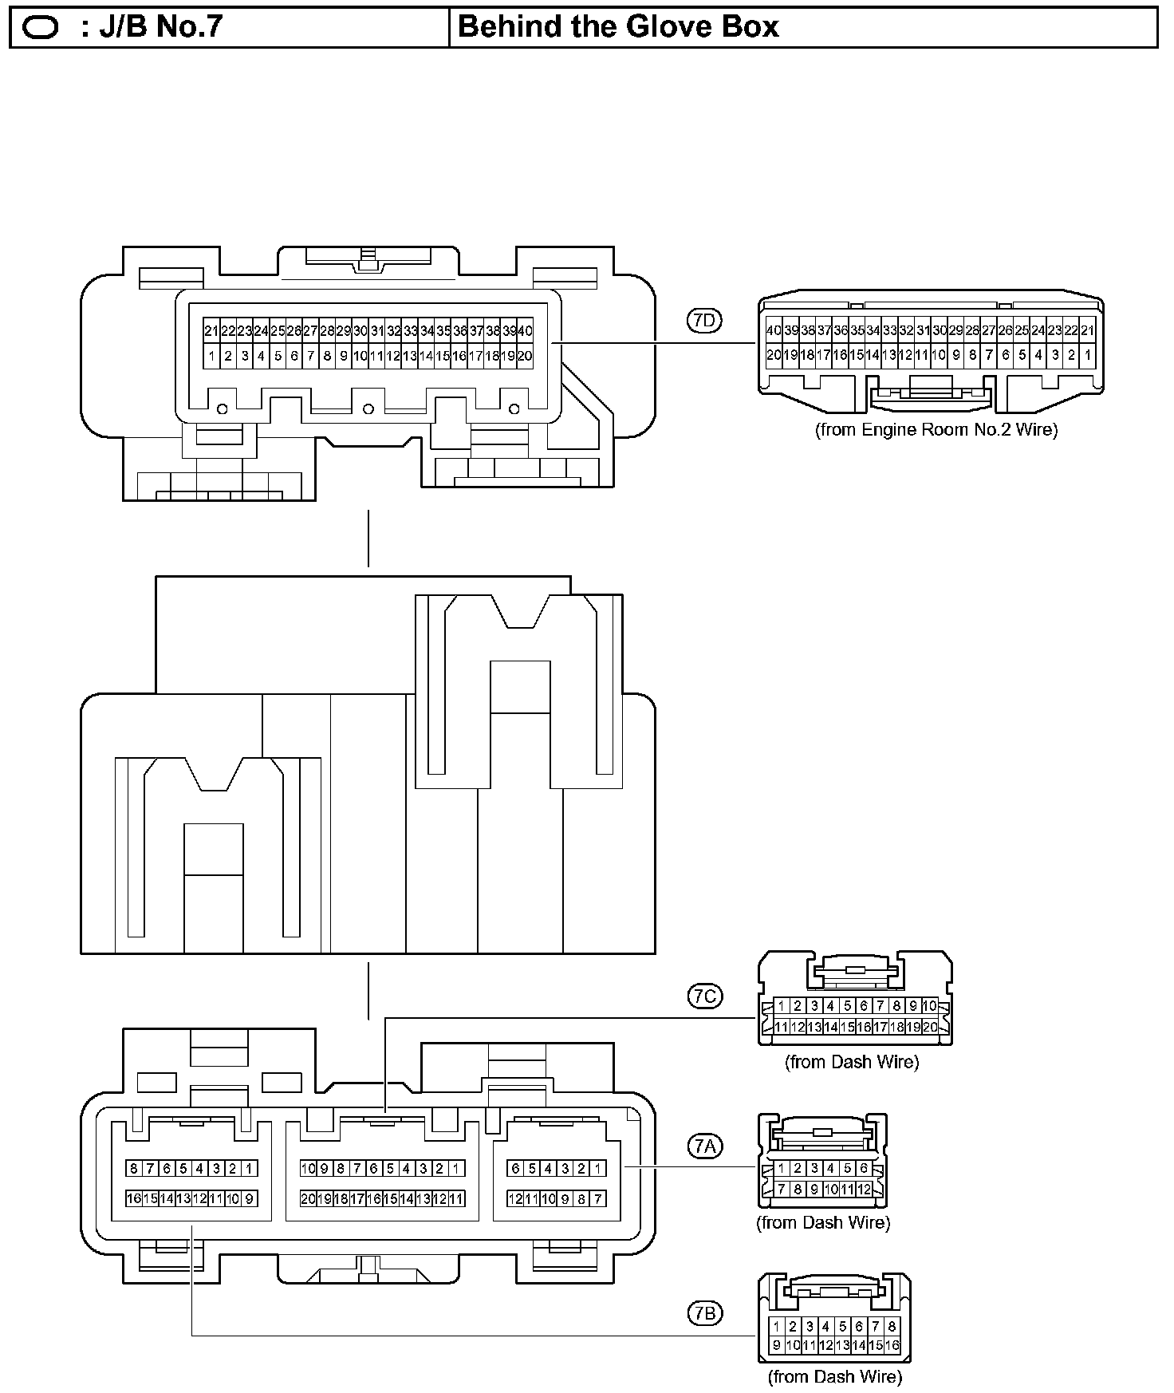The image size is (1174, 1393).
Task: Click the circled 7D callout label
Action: pos(704,321)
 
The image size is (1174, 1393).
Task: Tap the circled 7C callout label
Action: pos(704,996)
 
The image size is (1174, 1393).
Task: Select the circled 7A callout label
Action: pos(704,1146)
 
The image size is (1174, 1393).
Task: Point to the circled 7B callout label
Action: pos(704,1312)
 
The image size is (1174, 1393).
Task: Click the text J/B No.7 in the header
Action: pos(151,27)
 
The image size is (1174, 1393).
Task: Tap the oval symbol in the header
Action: pos(41,28)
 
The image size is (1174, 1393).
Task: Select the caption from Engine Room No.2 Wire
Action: pos(936,430)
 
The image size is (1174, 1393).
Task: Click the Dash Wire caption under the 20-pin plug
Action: pos(852,1062)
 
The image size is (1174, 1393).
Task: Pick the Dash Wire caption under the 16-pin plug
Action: pos(835,1376)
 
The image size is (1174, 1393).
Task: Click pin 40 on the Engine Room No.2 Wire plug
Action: pos(774,330)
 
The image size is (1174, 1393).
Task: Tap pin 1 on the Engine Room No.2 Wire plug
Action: pos(1087,355)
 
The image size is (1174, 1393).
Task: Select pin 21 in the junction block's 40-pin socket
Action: pos(211,331)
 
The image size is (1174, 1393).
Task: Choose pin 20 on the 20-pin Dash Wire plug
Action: pos(930,1028)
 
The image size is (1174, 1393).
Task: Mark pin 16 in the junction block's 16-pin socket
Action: pos(134,1198)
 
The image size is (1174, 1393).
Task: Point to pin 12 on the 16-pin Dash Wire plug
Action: pos(826,1345)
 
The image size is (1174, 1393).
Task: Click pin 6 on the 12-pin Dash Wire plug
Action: pos(864,1169)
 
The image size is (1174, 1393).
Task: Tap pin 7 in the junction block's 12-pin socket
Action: pos(599,1198)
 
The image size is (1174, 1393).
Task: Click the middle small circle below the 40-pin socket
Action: pos(368,409)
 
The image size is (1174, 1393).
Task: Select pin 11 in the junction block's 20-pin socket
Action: pos(457,1198)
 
